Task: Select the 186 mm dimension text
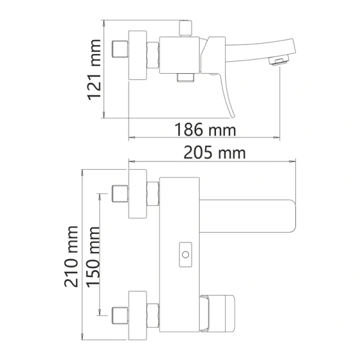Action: click(205, 130)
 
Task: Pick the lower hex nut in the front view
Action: click(152, 313)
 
